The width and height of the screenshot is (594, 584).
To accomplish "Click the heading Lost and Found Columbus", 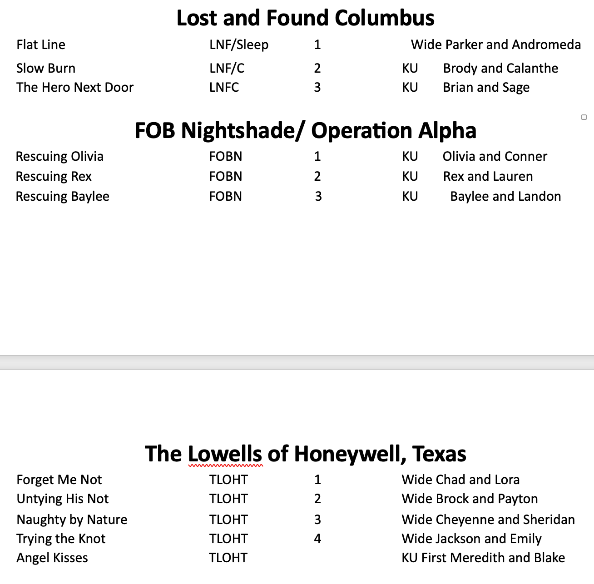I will [305, 18].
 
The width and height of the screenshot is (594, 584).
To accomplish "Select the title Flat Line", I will [41, 45].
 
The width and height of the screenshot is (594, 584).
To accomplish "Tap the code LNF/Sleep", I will [239, 45].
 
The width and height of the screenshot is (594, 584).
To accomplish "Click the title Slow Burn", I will [46, 68].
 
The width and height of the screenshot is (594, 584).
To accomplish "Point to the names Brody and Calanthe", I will [500, 68].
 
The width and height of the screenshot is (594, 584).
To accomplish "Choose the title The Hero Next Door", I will [75, 87].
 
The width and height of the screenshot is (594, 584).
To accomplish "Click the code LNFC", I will [224, 87].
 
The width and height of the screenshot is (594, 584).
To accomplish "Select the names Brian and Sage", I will [486, 87].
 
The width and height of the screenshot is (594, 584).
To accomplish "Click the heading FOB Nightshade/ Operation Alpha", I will [305, 131].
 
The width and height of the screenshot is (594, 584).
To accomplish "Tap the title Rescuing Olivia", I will [59, 156].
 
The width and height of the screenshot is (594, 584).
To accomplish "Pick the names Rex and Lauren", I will [488, 176].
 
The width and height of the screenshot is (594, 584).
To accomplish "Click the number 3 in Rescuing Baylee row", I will [318, 196].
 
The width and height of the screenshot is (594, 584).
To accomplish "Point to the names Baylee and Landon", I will [505, 196].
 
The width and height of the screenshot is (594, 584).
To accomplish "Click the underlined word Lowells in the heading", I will [225, 454].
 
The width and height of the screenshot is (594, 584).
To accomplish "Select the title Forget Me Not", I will [59, 480].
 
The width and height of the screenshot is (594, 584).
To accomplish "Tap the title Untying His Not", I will [63, 499].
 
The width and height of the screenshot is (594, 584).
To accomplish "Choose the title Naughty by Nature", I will [72, 520].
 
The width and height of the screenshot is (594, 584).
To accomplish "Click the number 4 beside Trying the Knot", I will [317, 539].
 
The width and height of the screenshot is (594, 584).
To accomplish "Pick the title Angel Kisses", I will [52, 558].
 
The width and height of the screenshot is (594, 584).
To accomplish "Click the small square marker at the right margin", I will [584, 117].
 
